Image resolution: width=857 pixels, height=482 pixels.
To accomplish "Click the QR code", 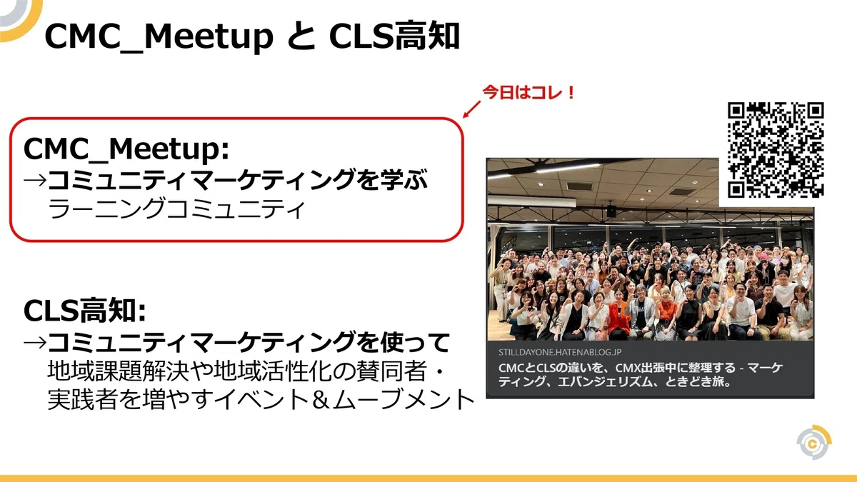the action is (x=776, y=150).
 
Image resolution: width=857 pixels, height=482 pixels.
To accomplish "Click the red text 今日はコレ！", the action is (x=528, y=93).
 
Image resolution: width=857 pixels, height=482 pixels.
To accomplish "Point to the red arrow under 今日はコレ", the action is (x=471, y=109).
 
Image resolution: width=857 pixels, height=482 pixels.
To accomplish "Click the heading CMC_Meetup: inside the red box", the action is (x=126, y=149).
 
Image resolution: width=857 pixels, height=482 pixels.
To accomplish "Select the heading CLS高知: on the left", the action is (x=84, y=311).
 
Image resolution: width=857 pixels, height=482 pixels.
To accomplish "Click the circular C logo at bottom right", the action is (x=813, y=442).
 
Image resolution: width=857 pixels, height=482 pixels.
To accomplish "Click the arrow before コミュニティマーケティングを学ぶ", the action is (x=35, y=180).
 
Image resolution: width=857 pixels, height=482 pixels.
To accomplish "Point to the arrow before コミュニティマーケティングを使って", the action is (x=35, y=342).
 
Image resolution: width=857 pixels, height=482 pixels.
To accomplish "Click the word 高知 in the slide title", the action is (x=427, y=36).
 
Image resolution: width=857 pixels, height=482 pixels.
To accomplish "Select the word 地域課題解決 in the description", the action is (x=119, y=371).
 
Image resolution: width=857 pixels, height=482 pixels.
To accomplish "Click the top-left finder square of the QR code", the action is (x=736, y=111).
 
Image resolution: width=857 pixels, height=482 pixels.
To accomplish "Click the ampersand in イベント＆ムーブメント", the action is (x=320, y=399).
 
